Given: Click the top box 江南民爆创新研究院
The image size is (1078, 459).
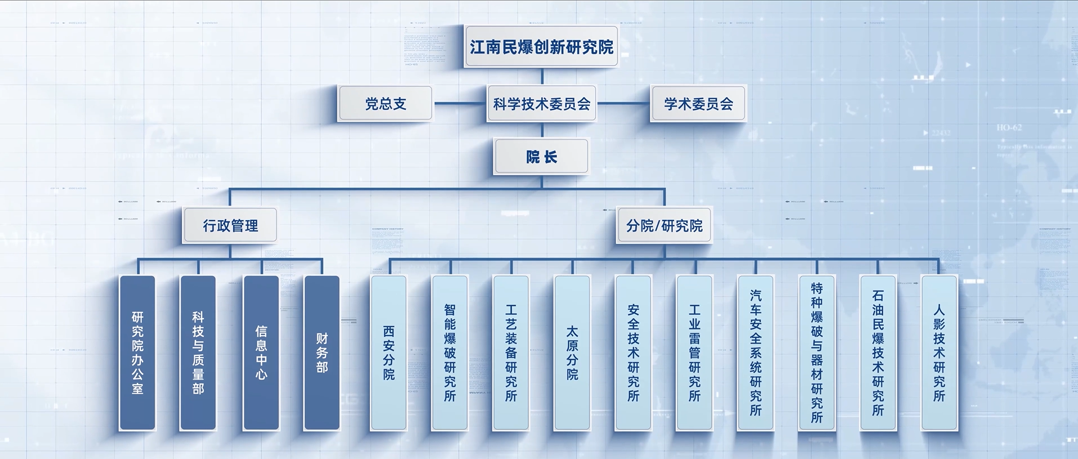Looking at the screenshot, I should click(541, 47).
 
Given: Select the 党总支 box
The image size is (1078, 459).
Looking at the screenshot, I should click(385, 104).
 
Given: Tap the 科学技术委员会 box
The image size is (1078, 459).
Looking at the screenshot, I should click(542, 104).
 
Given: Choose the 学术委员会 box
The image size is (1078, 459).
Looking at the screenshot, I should click(698, 104).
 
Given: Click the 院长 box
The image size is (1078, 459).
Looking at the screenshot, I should click(541, 157).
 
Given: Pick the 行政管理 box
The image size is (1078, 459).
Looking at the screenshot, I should click(230, 226).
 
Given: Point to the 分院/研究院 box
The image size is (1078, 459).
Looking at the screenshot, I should click(664, 226).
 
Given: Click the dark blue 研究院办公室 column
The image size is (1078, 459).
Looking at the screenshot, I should click(137, 353).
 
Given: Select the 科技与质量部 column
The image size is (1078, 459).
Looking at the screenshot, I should click(198, 353).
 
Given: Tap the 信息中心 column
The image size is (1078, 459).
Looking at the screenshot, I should click(261, 353).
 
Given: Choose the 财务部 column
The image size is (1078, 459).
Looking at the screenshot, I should click(322, 353).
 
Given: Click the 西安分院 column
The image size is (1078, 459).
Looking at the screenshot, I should click(389, 353).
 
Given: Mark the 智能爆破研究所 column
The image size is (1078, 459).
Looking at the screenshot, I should click(449, 353).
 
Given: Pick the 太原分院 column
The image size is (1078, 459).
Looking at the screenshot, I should click(572, 353).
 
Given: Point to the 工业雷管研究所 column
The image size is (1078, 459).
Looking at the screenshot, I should click(694, 353).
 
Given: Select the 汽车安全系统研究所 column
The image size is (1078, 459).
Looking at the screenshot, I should click(756, 353).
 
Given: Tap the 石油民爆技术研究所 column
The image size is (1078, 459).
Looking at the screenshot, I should click(878, 353).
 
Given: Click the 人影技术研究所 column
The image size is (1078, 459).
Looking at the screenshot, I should click(939, 353).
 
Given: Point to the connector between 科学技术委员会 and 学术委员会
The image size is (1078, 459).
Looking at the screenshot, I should click(623, 104).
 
